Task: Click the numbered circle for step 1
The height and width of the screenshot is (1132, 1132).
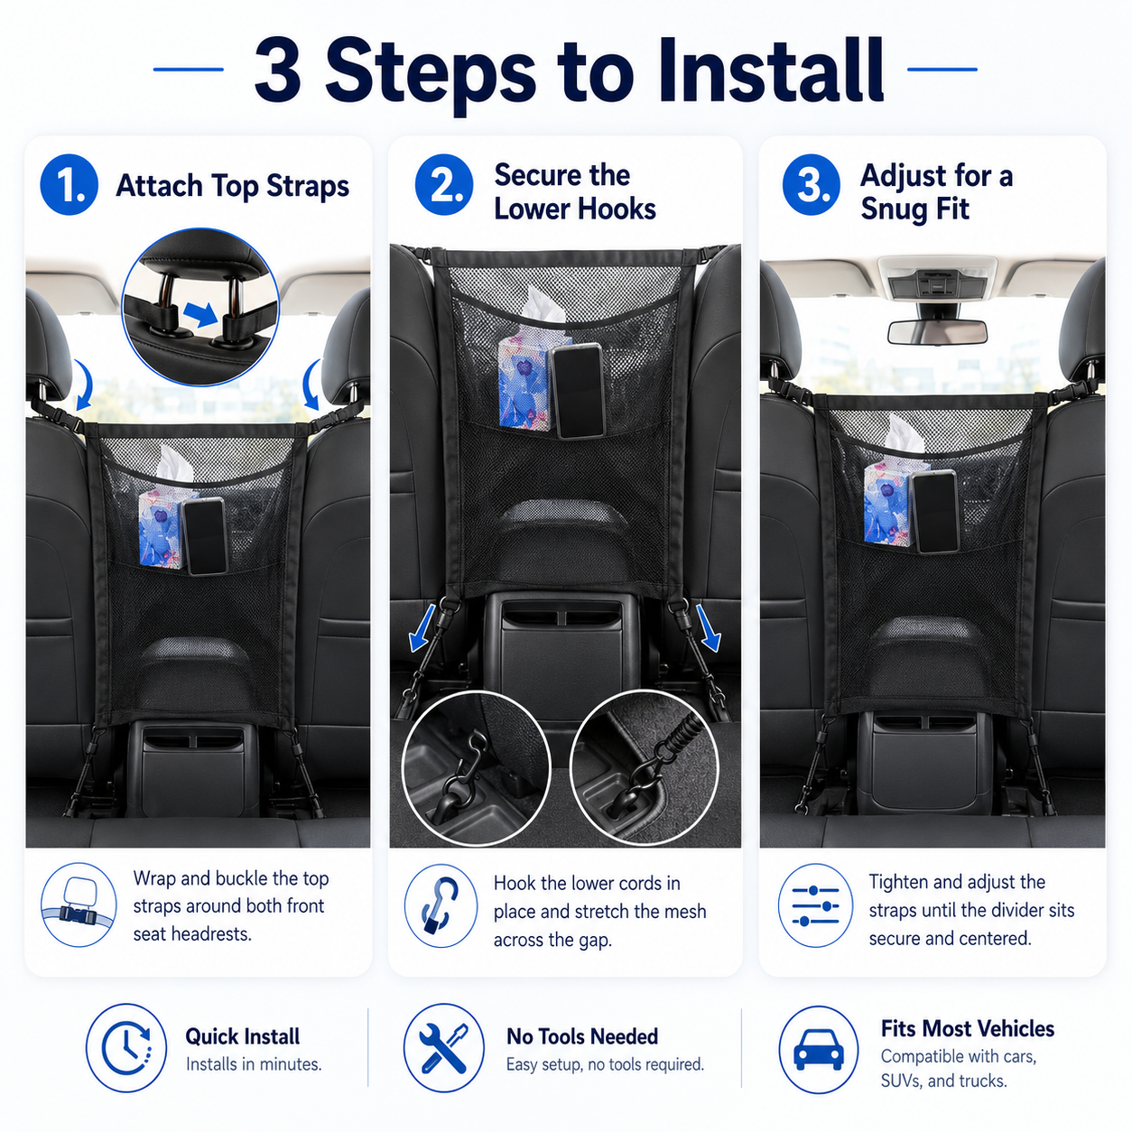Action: [x=69, y=184]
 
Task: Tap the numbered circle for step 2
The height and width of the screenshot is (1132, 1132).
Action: [x=443, y=184]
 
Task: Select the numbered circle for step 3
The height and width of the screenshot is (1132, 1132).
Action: [x=811, y=184]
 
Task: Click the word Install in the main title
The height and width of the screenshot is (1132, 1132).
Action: [x=771, y=71]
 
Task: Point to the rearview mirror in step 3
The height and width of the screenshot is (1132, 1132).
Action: [x=937, y=332]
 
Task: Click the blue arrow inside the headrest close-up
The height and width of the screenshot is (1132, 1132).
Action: [x=201, y=315]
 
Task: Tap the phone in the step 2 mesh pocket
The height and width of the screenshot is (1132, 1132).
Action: [x=579, y=391]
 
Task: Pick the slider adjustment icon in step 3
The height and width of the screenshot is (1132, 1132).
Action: [x=815, y=905]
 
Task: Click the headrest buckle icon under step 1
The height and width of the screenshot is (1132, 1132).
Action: [x=79, y=905]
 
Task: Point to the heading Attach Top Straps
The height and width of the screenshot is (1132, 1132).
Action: [x=233, y=186]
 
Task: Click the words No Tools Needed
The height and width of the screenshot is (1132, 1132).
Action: [x=582, y=1037]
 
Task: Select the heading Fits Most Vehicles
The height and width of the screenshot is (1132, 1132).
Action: [x=968, y=1028]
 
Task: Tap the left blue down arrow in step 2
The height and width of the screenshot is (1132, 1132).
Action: [x=423, y=628]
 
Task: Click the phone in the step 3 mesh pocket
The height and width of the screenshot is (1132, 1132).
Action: [x=936, y=511]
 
